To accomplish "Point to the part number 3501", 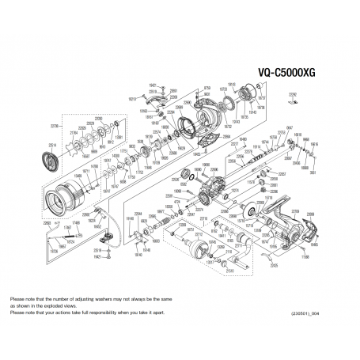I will (313, 172).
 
